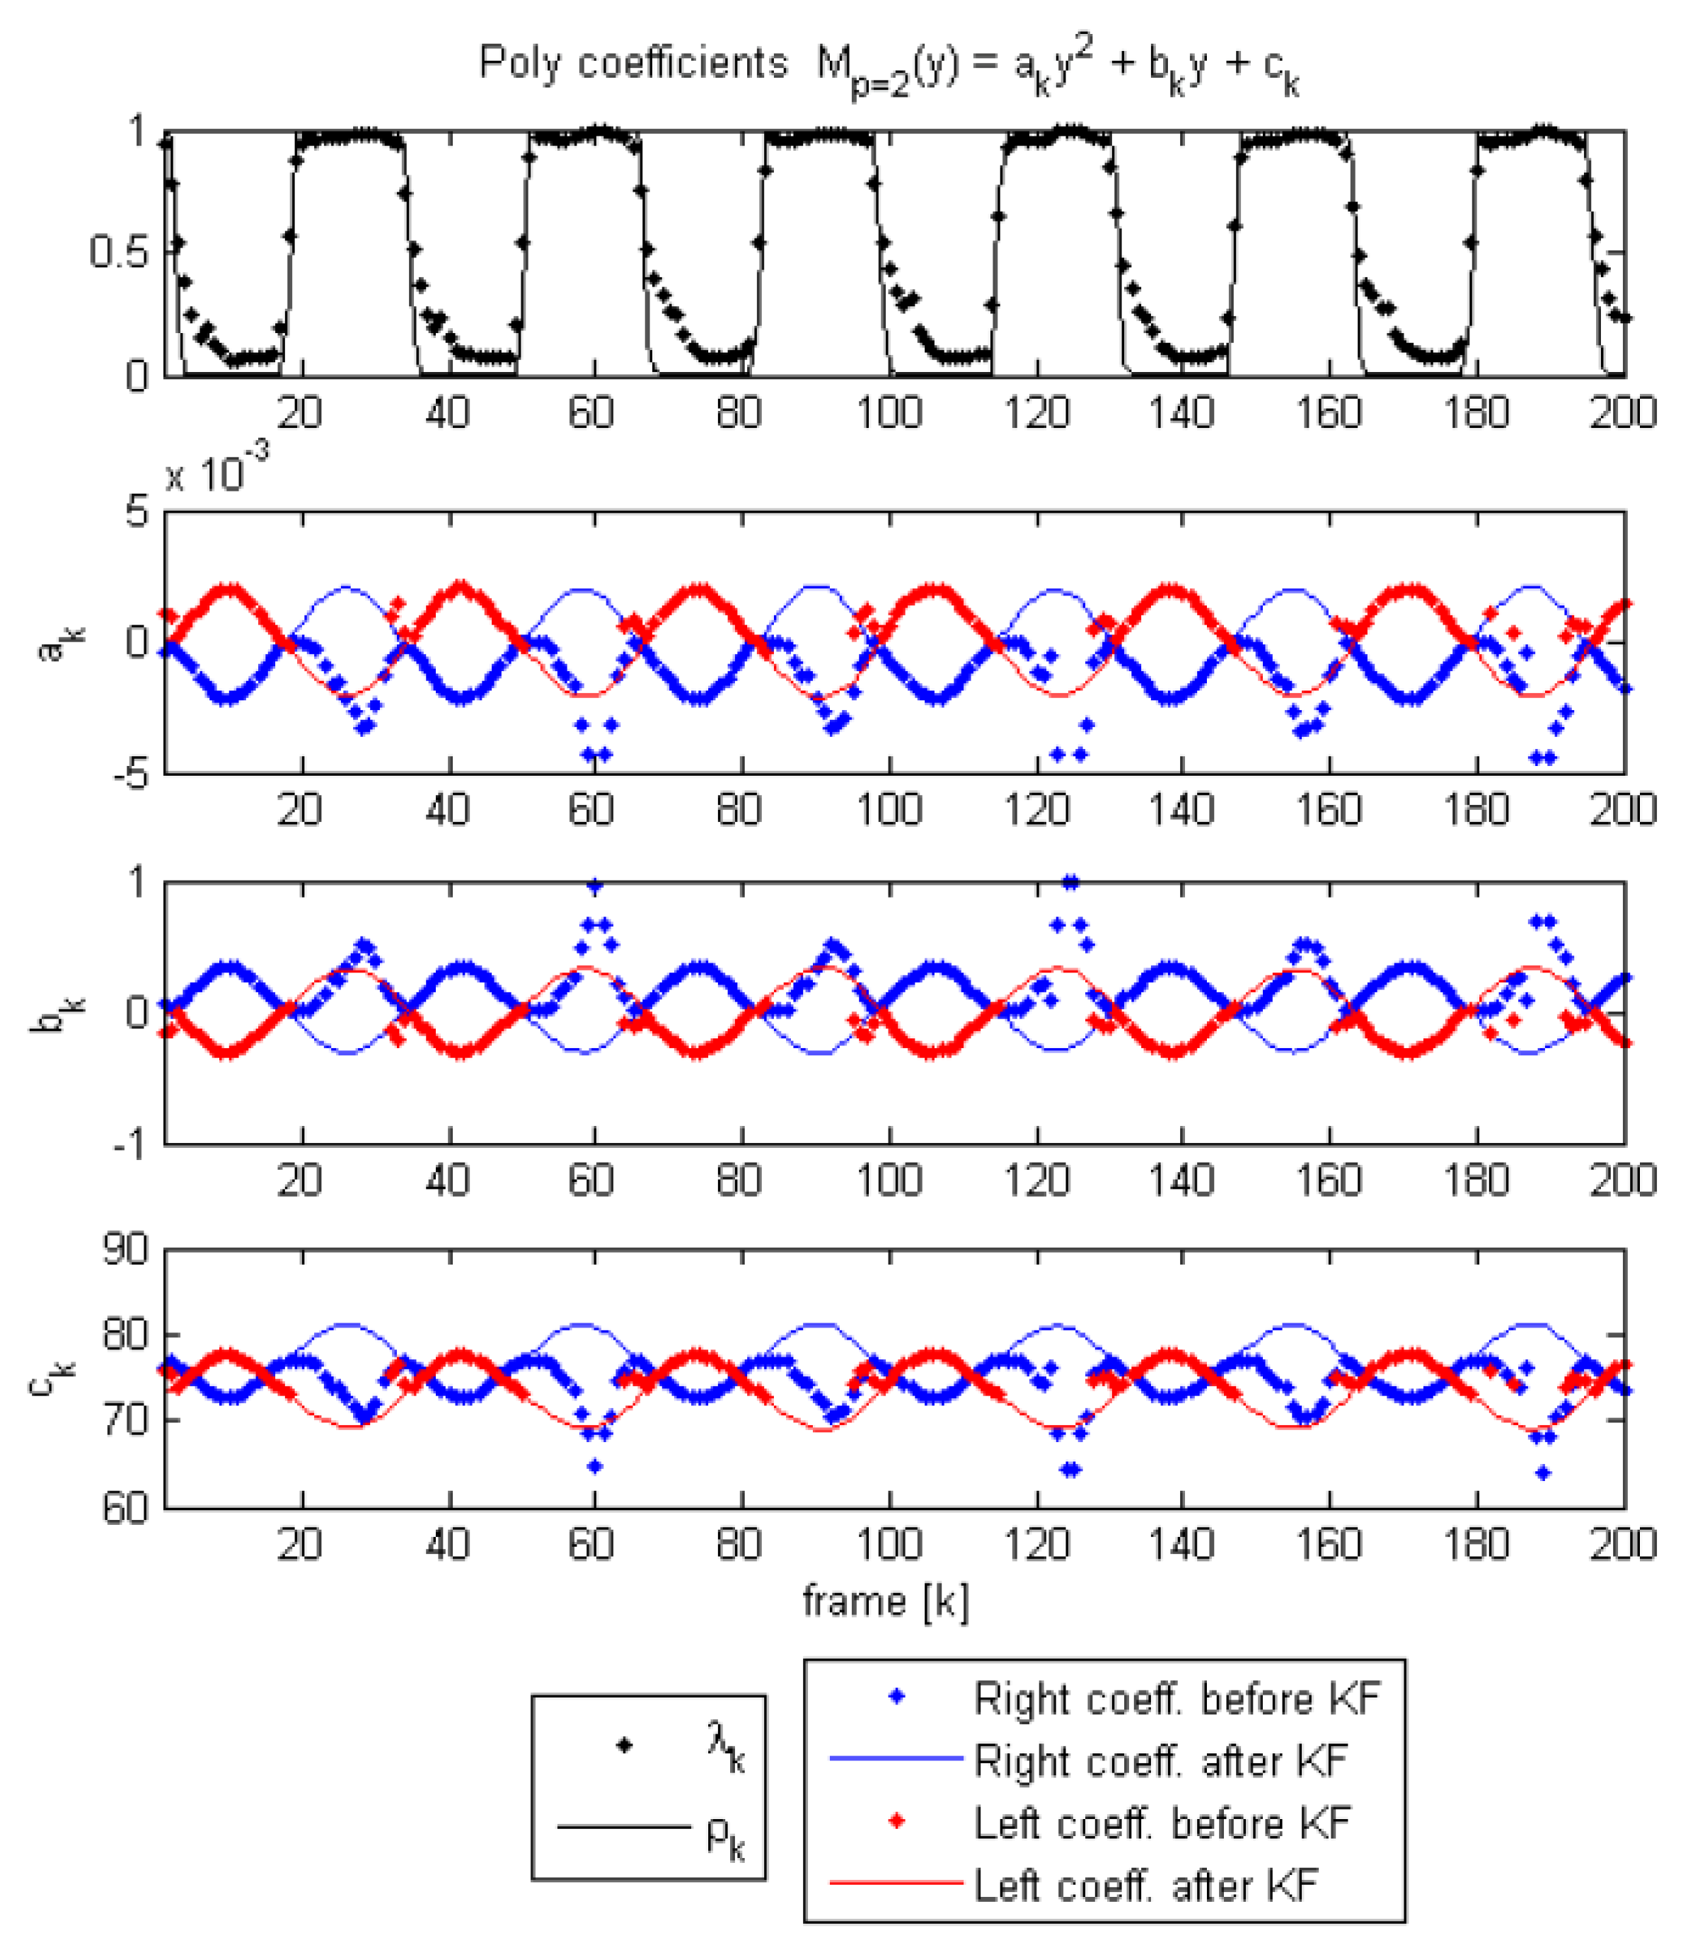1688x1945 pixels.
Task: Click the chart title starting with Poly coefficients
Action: click(889, 66)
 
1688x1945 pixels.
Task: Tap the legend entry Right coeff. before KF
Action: click(1177, 1699)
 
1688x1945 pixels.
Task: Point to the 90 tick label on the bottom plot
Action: click(125, 1251)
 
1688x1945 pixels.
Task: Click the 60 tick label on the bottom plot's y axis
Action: click(125, 1509)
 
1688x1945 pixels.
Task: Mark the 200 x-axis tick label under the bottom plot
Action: click(1622, 1545)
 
